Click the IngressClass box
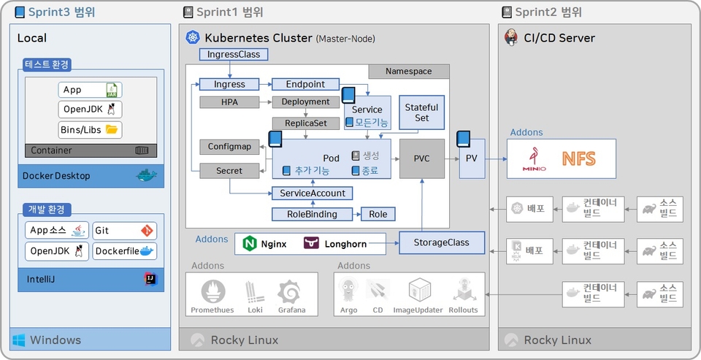coord(234,54)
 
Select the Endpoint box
coord(306,84)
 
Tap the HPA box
coord(230,102)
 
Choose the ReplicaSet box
coord(306,123)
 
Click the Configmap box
coord(229,147)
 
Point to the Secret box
coord(229,170)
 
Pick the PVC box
coord(422,158)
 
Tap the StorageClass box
coord(442,242)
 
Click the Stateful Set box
coord(422,112)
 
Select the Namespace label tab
coord(408,71)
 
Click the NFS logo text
coord(579,158)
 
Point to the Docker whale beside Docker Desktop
coord(147,175)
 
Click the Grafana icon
coord(291,292)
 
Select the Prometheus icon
coord(212,292)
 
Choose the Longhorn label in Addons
coord(345,243)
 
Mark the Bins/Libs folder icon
coord(112,130)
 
